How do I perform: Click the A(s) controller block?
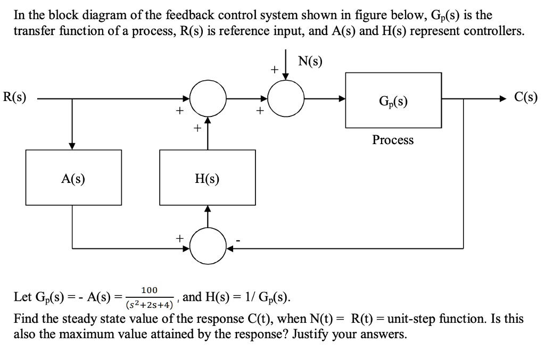pos(73,178)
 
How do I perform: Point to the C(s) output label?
pos(526,97)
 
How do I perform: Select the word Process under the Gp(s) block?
pos(393,140)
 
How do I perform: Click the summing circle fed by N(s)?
pos(286,99)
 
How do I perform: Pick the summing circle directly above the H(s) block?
pos(208,99)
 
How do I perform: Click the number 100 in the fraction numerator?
pos(149,290)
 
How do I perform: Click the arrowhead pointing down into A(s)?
pos(72,146)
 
